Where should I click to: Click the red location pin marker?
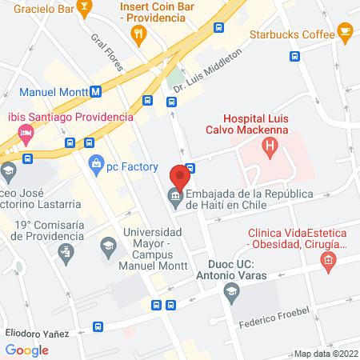tap(180, 175)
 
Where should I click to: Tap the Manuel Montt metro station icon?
tap(96, 91)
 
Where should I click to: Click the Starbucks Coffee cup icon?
tap(345, 33)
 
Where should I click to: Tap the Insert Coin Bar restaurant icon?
tap(138, 33)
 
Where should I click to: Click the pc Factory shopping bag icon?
tap(97, 164)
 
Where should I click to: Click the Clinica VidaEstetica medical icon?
tap(327, 260)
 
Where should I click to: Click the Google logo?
tap(26, 350)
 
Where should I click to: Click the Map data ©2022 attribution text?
tap(326, 354)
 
